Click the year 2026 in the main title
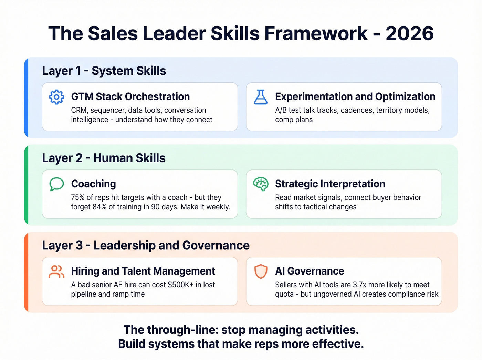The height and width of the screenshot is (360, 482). coord(409,33)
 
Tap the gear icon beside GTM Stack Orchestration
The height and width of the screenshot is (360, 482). coord(56,97)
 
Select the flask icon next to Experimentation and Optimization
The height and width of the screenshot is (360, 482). coord(261,97)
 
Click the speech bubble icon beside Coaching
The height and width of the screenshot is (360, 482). coord(56,184)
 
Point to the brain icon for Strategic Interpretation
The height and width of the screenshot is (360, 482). coord(261,184)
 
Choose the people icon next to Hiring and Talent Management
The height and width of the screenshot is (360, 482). coord(56,271)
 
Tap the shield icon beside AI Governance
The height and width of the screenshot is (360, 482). coord(261,271)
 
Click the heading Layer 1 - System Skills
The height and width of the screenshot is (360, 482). coord(104,71)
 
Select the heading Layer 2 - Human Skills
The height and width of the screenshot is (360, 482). coord(104,158)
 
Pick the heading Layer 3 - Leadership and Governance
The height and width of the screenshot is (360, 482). coord(146,245)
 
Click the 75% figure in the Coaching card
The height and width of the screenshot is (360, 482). coord(78,198)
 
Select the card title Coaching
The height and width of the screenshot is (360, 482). coord(93,184)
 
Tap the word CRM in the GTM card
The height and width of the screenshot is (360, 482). coord(78,111)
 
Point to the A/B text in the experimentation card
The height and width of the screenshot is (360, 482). coord(281,111)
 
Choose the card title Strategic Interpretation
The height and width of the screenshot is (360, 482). coord(330,184)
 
